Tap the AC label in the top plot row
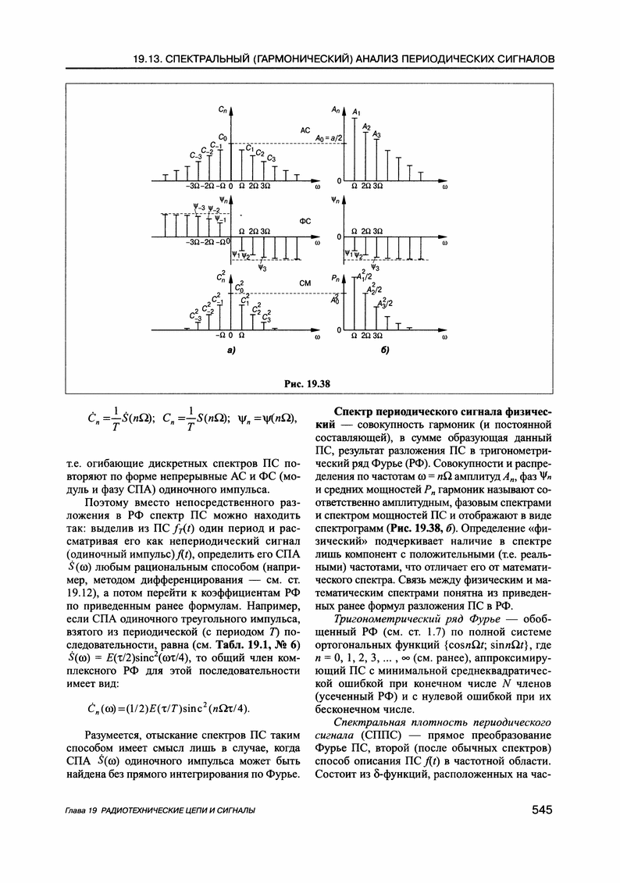[x=305, y=130]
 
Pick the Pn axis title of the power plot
[x=335, y=277]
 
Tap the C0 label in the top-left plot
[x=223, y=137]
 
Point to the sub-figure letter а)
[x=230, y=352]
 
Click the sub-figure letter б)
[x=384, y=352]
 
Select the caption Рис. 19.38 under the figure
[x=308, y=383]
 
